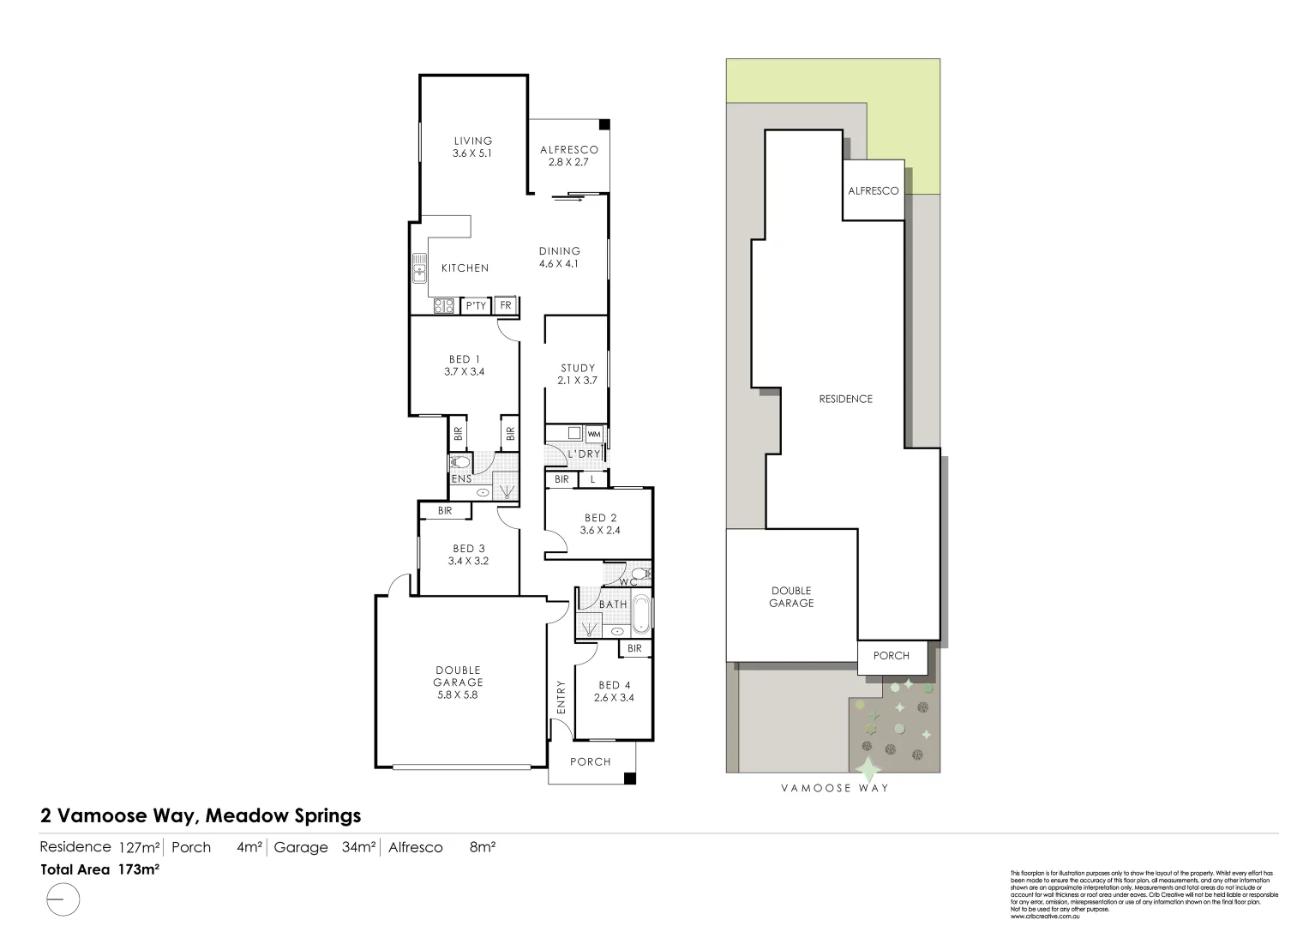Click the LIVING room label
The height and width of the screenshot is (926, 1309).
473,141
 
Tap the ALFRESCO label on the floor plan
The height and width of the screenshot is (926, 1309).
569,150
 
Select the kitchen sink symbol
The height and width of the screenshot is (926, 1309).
419,268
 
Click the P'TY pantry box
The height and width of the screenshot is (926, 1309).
476,305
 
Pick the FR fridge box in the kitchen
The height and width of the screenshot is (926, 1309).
506,305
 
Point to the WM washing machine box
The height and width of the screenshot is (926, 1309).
594,435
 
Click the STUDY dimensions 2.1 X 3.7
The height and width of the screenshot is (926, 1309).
577,380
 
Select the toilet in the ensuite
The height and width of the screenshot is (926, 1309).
459,461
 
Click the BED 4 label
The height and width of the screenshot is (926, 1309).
614,685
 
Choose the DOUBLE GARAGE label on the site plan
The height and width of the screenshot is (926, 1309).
791,597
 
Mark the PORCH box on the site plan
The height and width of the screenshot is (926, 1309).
892,656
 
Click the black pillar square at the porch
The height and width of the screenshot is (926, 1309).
630,779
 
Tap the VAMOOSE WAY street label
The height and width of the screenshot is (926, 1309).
834,788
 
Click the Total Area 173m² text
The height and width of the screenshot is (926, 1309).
100,869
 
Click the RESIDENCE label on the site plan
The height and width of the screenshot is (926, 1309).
845,399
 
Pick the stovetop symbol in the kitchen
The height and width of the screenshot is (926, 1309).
443,304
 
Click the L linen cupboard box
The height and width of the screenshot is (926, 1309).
592,479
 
